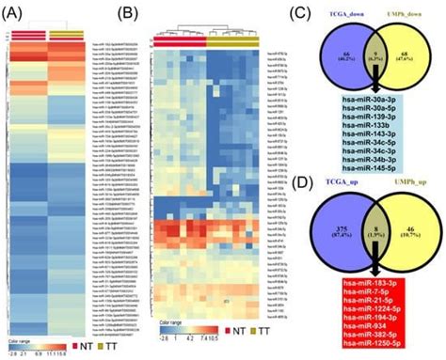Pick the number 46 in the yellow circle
[416, 226]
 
